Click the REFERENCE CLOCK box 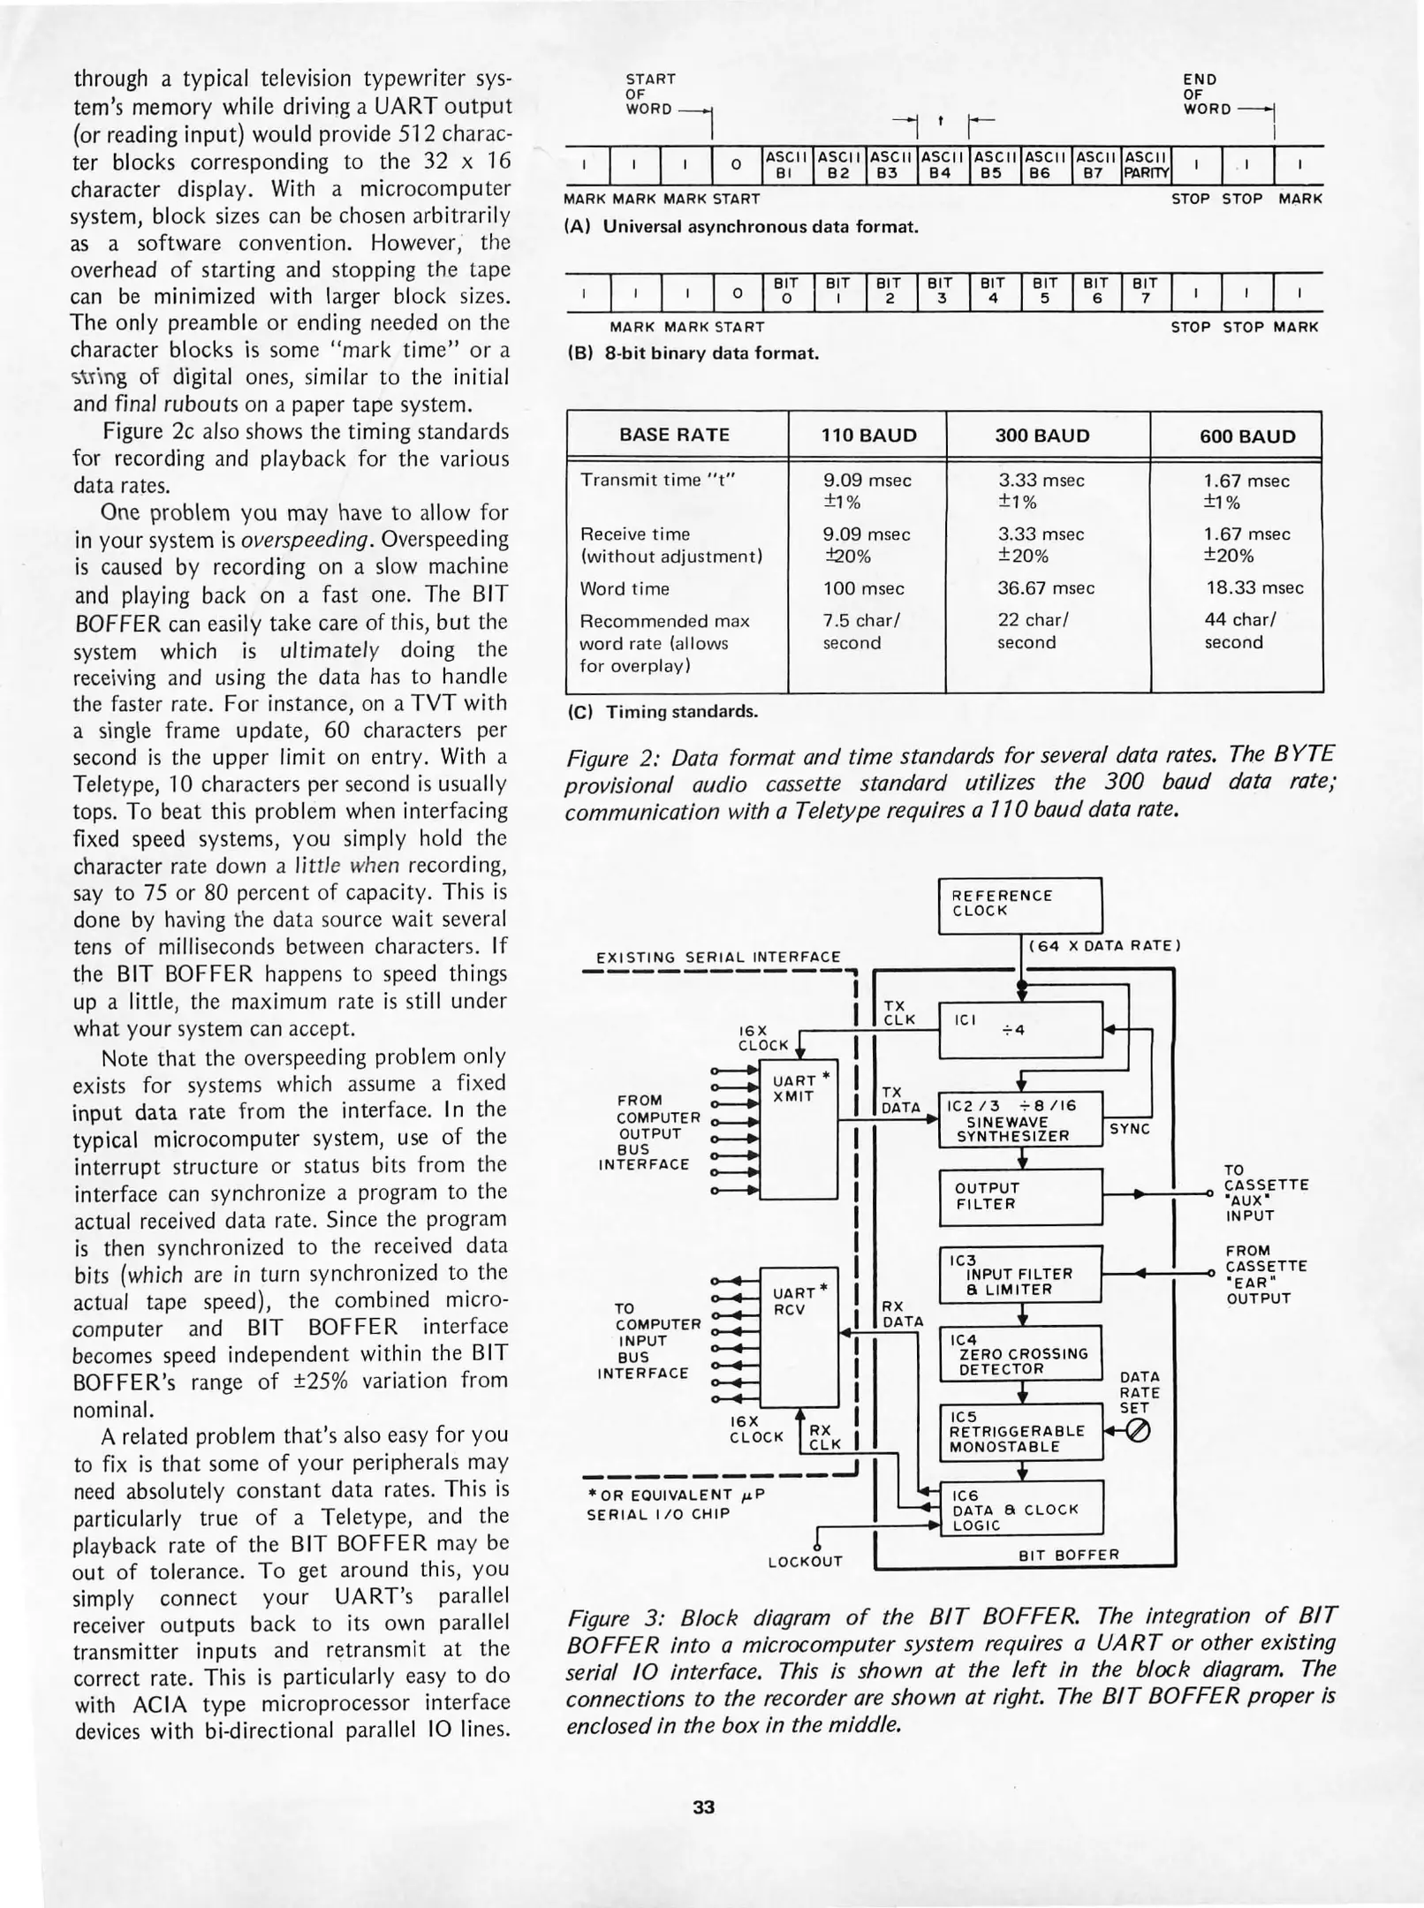[x=1019, y=905]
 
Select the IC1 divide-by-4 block [x=1019, y=1029]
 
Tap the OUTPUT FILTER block [x=1019, y=1196]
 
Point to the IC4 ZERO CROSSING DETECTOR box [x=1019, y=1352]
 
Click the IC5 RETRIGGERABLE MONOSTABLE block [x=1019, y=1431]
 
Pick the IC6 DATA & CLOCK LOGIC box [x=1019, y=1510]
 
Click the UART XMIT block [x=799, y=1129]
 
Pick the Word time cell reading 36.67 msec [x=1045, y=588]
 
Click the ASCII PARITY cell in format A [x=1145, y=165]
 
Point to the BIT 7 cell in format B [x=1144, y=291]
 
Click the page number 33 [x=703, y=1807]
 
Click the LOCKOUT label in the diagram [x=805, y=1562]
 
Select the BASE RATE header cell [x=676, y=435]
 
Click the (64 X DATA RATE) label [x=1104, y=946]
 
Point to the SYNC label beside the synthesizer [x=1129, y=1129]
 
